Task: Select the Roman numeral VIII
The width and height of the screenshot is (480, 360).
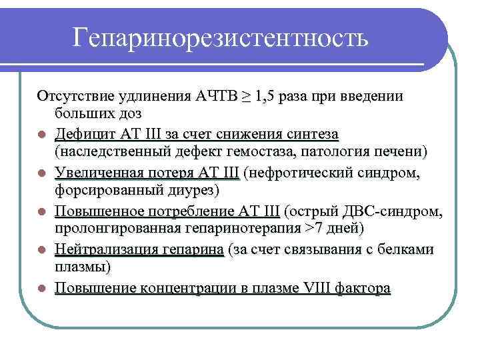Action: tap(322, 289)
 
